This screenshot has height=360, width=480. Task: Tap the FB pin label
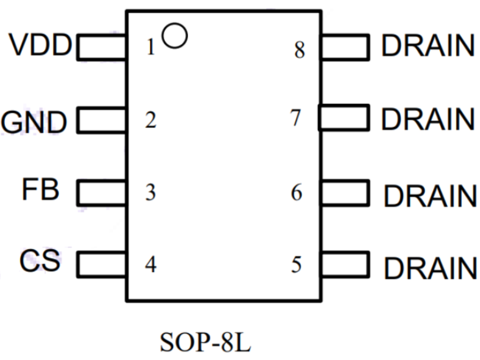click(40, 190)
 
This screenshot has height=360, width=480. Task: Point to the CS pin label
click(40, 260)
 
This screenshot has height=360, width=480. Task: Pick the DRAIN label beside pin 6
click(430, 195)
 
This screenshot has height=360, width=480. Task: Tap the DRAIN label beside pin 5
click(430, 267)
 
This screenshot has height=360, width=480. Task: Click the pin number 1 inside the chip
click(150, 49)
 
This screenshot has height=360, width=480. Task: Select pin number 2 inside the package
click(150, 120)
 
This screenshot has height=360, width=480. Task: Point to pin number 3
click(150, 193)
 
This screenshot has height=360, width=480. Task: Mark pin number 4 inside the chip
click(150, 263)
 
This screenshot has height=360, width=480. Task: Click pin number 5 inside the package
click(297, 263)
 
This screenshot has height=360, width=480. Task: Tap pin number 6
click(297, 193)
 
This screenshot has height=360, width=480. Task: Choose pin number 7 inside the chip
click(296, 119)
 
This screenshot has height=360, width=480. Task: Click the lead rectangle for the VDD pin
click(101, 47)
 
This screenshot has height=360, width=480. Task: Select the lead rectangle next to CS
click(101, 264)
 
